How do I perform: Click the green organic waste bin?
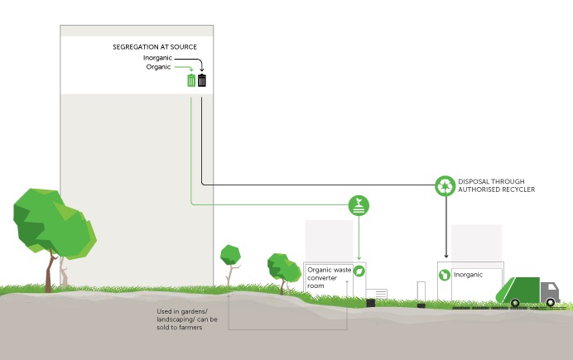pos(191,80)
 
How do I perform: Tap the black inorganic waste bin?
pos(202,80)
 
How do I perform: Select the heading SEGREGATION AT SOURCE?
pos(154,48)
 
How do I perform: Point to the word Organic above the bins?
pos(160,68)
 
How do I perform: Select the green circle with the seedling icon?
pos(359,204)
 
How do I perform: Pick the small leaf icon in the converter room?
pos(359,271)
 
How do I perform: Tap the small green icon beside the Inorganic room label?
pos(445,275)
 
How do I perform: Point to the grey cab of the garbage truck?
pos(549,291)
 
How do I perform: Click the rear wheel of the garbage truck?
pos(514,303)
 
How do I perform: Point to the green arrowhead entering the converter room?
pos(359,257)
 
